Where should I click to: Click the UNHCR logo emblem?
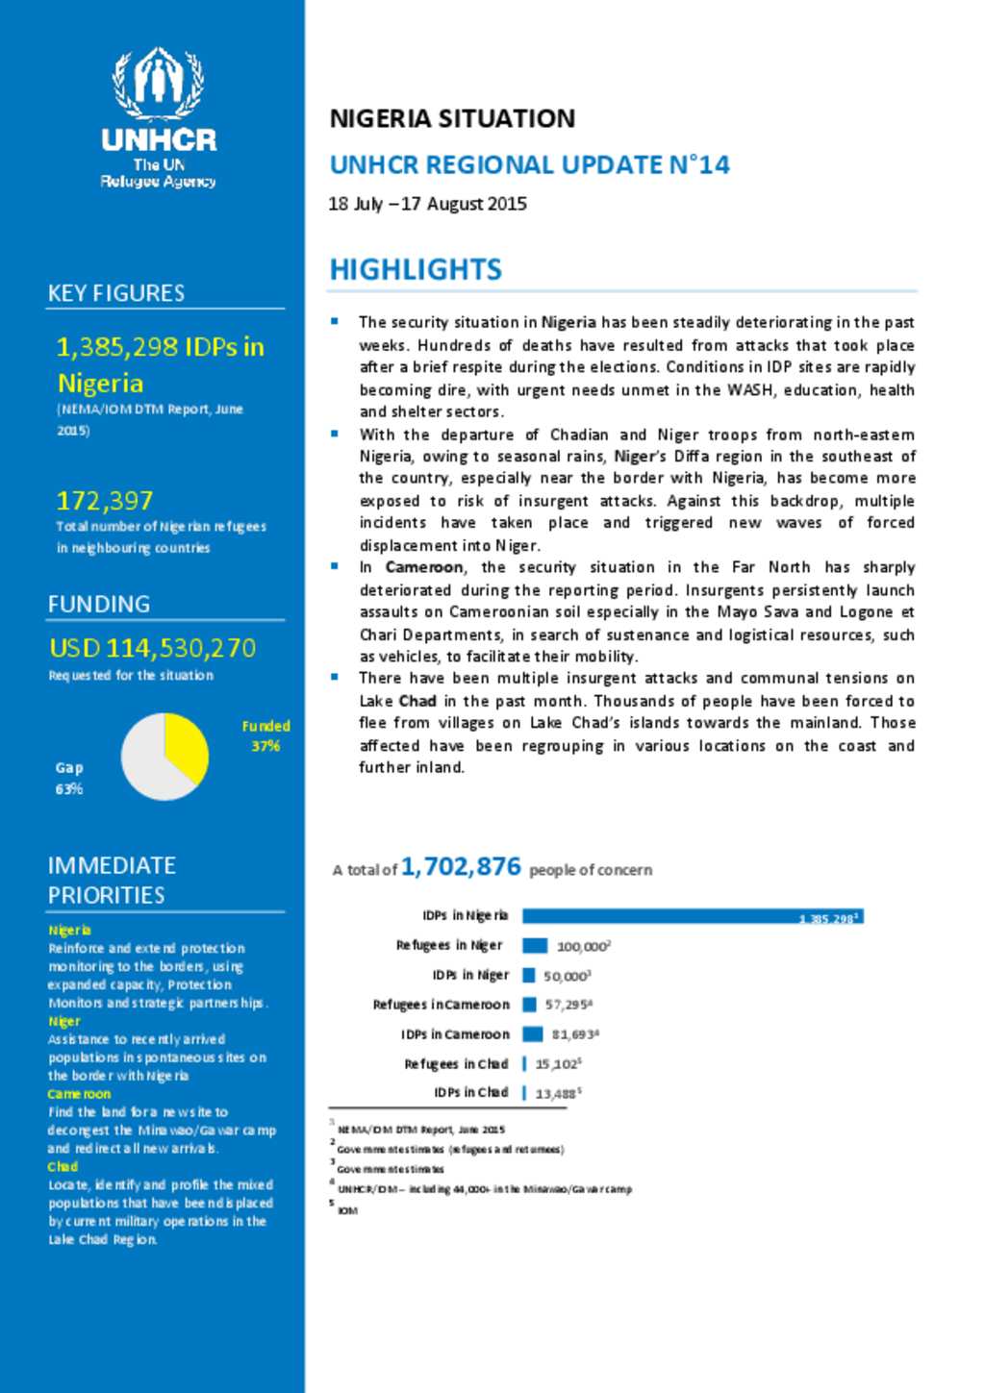[159, 83]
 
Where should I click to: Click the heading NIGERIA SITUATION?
[452, 118]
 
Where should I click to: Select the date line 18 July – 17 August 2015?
[427, 204]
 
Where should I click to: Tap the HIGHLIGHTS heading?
[416, 269]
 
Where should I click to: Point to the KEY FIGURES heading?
[116, 293]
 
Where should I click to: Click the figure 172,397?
[105, 501]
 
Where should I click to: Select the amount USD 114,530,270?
[153, 648]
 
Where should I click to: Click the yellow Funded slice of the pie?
[186, 745]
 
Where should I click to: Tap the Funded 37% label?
[265, 735]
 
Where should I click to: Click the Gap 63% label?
[69, 778]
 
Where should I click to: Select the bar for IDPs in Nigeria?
[692, 917]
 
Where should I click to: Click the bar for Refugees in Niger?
[535, 946]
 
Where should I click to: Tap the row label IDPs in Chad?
[470, 1093]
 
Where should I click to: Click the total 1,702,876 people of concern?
[461, 867]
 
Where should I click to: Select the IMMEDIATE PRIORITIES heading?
[112, 880]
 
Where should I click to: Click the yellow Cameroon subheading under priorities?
[79, 1094]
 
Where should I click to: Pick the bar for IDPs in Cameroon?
[533, 1034]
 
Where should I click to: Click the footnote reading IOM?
[347, 1210]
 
